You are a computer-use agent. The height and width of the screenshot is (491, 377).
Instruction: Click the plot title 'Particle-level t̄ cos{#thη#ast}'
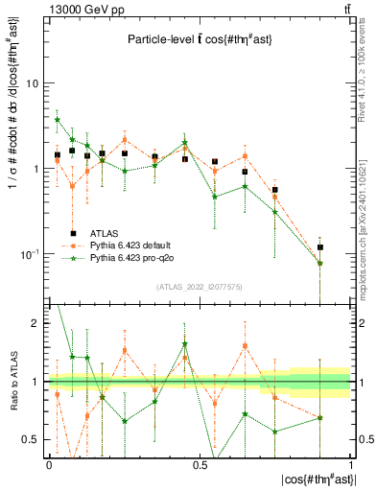click(200, 39)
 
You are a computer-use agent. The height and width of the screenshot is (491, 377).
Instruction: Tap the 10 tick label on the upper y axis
click(32, 83)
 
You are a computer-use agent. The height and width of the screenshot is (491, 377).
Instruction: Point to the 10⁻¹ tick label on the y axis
click(28, 254)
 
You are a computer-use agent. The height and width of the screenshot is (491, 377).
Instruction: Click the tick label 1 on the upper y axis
click(35, 169)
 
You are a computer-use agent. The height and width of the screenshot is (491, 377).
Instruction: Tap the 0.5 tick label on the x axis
click(200, 465)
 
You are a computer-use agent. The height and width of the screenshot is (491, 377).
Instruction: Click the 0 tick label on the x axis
click(49, 465)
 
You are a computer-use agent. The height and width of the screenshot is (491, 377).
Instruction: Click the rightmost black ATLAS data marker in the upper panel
click(320, 247)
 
